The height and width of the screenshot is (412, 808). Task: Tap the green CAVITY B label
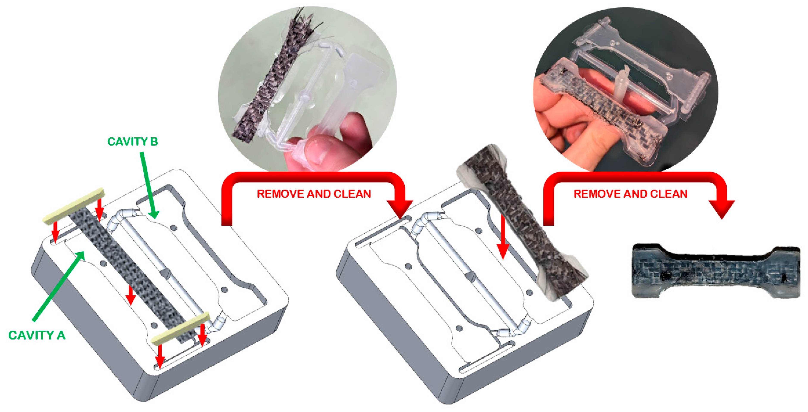pos(132,142)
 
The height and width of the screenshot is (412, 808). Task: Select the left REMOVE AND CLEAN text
pos(314,194)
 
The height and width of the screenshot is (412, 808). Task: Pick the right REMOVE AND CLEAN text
pos(631,194)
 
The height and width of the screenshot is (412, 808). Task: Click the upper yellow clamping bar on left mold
pos(73,206)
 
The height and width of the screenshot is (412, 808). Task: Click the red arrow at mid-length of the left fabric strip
pos(131,295)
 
